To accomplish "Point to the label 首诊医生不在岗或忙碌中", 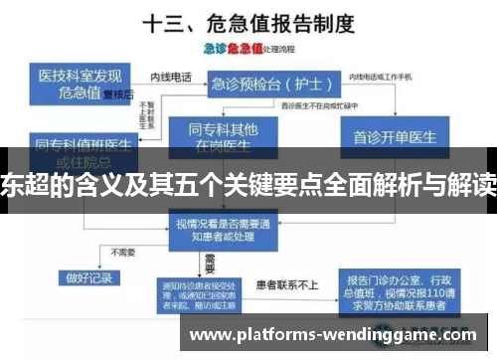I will (317, 103).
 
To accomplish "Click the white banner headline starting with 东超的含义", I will (248, 182).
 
